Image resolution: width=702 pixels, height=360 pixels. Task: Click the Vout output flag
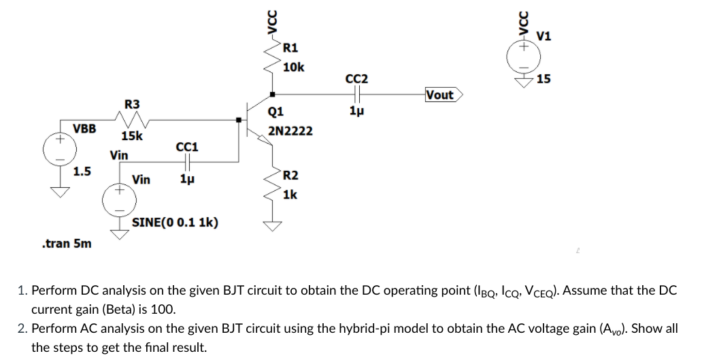442,95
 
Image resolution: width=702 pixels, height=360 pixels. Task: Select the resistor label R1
290,48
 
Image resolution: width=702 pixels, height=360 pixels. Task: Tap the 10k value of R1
293,67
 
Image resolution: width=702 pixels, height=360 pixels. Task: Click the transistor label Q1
277,112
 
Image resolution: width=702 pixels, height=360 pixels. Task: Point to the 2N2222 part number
291,130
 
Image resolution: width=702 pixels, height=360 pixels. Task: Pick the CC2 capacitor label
357,79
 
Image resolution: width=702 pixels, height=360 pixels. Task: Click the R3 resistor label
132,104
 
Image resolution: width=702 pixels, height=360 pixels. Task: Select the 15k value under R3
132,136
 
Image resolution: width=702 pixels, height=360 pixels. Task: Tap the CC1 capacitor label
186,147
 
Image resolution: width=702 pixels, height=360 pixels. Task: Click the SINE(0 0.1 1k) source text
175,223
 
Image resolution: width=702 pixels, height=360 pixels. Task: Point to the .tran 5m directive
66,243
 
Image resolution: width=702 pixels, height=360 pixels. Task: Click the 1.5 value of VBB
83,170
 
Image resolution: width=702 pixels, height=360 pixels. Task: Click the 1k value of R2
290,195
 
